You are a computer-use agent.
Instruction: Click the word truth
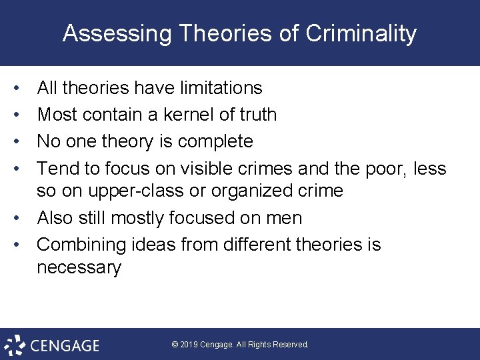pyautogui.click(x=257, y=115)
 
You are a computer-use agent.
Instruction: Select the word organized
pyautogui.click(x=250, y=191)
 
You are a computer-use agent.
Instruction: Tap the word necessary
pyautogui.click(x=79, y=267)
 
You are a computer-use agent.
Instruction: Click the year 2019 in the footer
pyautogui.click(x=191, y=345)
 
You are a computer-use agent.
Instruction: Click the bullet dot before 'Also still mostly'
pyautogui.click(x=23, y=219)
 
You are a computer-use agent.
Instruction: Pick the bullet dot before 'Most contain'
pyautogui.click(x=23, y=115)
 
